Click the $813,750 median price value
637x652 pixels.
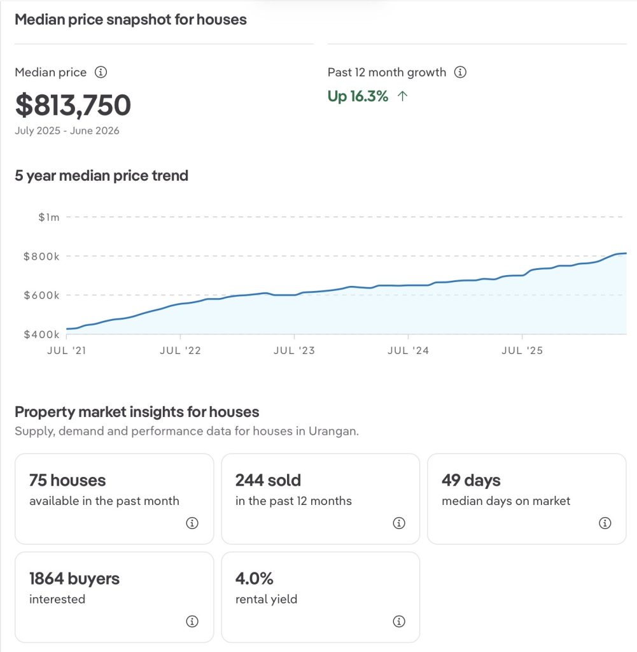point(73,105)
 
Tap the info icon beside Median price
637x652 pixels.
point(101,72)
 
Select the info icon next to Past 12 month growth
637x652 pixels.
point(460,72)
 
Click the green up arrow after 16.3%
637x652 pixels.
point(402,97)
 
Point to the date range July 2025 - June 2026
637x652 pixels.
point(67,131)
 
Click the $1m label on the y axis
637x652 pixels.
point(48,217)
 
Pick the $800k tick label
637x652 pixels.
point(41,256)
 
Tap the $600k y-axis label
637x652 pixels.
point(41,295)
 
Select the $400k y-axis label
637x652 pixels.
point(41,334)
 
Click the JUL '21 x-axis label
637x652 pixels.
point(66,351)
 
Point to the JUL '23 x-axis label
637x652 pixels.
point(294,351)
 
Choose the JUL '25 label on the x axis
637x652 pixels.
point(522,351)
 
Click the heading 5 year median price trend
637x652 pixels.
point(101,176)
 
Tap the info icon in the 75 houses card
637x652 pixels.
point(192,523)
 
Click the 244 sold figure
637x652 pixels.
point(268,480)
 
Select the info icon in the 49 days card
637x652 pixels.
point(605,523)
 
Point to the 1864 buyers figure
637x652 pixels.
point(74,578)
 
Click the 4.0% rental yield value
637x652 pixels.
point(255,578)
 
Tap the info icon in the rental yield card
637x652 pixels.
point(399,621)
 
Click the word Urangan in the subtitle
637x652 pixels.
point(333,431)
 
